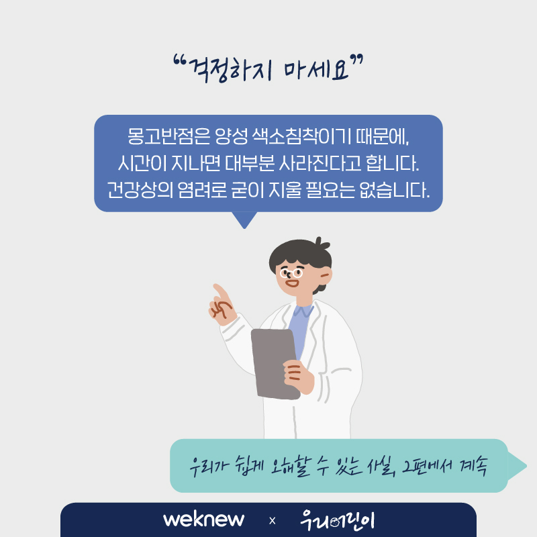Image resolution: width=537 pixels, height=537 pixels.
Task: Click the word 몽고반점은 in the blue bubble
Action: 168,136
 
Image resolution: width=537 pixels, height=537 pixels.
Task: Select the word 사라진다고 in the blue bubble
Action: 320,163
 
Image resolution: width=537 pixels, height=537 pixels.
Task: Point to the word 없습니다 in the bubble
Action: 395,190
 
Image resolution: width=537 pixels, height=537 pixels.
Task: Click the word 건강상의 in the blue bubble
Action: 140,190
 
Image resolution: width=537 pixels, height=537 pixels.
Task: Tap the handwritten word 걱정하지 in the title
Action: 230,70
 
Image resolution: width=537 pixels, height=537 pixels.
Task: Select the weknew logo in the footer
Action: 204,520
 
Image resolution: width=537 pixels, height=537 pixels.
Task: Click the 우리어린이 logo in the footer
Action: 338,520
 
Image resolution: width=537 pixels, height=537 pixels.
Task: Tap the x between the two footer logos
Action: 273,521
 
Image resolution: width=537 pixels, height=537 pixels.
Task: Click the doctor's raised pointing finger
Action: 220,291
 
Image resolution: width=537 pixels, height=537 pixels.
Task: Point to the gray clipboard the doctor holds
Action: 275,364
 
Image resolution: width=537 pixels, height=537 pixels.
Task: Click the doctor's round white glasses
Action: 291,273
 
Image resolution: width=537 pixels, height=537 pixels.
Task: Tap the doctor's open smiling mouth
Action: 293,283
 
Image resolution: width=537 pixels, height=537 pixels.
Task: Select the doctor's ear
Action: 326,276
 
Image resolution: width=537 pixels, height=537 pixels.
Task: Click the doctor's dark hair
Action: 300,254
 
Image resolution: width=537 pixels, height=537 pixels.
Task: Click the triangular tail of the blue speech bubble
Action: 244,220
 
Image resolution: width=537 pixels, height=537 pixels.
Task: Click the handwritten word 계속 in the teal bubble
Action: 473,466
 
